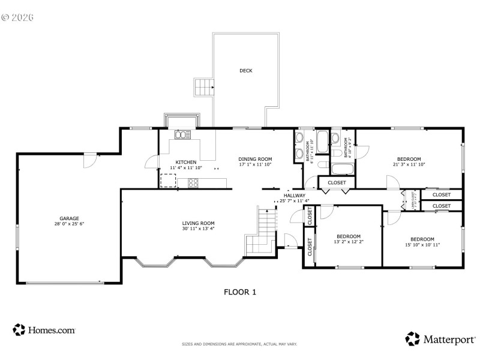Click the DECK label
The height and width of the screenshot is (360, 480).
(x=246, y=71)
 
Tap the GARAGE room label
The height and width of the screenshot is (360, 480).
(x=69, y=218)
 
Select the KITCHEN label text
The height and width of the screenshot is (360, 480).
(x=185, y=162)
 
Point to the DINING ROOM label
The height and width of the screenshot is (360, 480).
(x=255, y=158)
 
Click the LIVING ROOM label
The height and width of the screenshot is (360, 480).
(x=198, y=223)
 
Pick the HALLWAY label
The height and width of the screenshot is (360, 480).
(x=295, y=196)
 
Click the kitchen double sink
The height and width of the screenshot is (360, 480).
(x=182, y=135)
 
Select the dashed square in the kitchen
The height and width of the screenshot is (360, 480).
(x=168, y=180)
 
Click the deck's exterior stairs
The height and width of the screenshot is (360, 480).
(x=203, y=88)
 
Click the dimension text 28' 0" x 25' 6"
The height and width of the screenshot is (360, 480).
(x=69, y=224)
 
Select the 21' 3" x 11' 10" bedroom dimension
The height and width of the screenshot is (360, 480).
(x=409, y=164)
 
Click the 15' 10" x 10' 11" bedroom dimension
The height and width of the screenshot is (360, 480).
(x=422, y=244)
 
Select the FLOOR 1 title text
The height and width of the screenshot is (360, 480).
(x=240, y=292)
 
